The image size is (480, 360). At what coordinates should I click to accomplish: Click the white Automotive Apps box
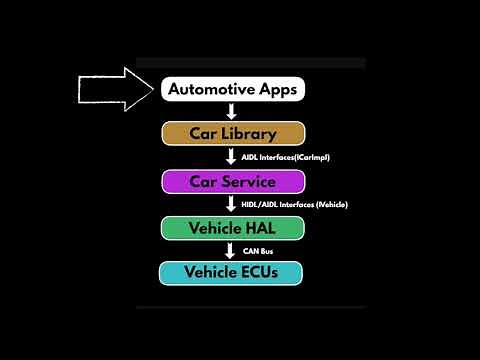(232, 89)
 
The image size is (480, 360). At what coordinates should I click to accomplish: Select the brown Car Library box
(232, 134)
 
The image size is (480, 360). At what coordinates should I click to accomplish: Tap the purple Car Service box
(232, 181)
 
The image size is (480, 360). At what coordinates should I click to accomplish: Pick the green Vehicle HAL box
(232, 227)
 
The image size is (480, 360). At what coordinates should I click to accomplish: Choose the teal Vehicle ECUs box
(232, 272)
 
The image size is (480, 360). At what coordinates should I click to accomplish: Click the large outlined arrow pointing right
(113, 89)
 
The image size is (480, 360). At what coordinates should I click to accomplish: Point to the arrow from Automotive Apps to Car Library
(232, 111)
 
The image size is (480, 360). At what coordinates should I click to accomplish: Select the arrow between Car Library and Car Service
(232, 157)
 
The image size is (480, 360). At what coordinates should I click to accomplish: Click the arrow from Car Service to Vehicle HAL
(232, 204)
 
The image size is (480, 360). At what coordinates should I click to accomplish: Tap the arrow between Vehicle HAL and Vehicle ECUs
(232, 250)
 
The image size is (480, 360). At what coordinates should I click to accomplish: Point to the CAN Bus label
(258, 250)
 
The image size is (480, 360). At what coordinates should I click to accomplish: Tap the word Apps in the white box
(275, 90)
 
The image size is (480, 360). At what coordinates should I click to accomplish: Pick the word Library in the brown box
(250, 134)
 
